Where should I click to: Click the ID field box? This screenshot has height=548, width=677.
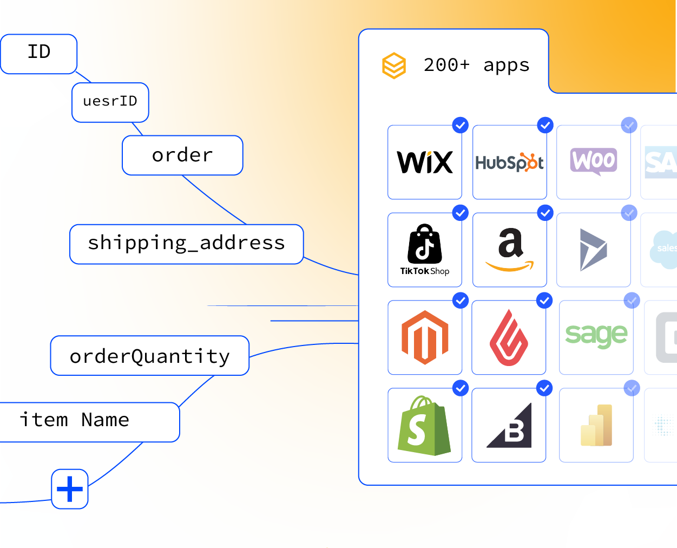point(38,54)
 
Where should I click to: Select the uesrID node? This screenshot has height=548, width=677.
point(110,102)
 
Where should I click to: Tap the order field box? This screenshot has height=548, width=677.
point(182,155)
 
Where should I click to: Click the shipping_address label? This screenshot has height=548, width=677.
point(186,244)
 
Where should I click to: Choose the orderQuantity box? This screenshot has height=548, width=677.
point(150,356)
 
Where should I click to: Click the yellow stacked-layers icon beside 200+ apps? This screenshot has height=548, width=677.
point(394,66)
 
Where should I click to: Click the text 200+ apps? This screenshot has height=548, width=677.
point(476,66)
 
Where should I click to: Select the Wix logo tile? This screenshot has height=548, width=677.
point(425,162)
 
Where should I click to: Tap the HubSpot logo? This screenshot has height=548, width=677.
point(509,162)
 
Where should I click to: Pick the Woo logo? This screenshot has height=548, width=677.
point(594,161)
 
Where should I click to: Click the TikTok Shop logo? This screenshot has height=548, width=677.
point(425,250)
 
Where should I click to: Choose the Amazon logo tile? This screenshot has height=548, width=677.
point(509,250)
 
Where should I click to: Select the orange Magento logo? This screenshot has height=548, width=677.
point(425,337)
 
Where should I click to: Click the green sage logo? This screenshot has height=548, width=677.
point(596,336)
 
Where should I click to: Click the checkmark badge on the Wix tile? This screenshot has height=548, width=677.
point(460,125)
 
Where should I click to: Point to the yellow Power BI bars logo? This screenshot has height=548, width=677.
point(596,426)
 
